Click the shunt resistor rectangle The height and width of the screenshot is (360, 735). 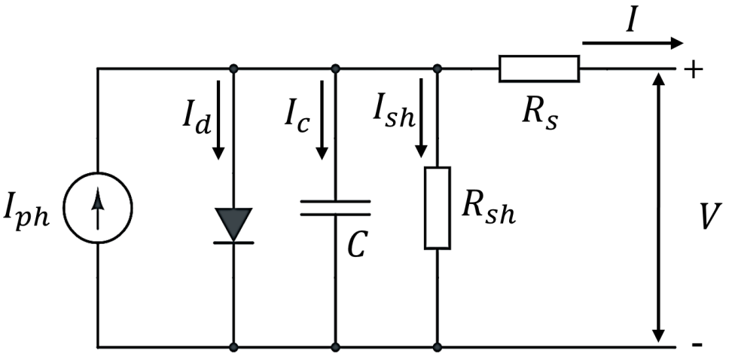(x=438, y=208)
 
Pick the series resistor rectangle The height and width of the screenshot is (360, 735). (x=538, y=69)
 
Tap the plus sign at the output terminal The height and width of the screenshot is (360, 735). (x=694, y=70)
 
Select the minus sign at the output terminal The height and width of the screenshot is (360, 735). (x=697, y=346)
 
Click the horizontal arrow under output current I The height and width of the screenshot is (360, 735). (x=633, y=43)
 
